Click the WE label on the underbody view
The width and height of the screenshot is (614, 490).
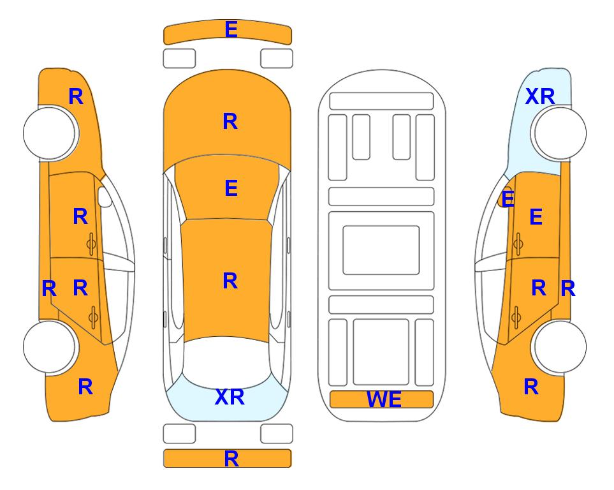(x=384, y=399)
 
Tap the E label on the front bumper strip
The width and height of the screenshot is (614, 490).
(x=231, y=29)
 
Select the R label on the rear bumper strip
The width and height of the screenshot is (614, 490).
(x=231, y=459)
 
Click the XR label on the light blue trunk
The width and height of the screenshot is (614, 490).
(x=230, y=397)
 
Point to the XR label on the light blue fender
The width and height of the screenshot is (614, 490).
(x=539, y=96)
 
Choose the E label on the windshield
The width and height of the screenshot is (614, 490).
(x=231, y=189)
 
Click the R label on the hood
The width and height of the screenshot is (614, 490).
(x=230, y=121)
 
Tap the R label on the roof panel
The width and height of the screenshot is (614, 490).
(x=230, y=281)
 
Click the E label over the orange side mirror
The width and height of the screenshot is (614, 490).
(x=508, y=199)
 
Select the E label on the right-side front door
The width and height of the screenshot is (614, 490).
(x=536, y=217)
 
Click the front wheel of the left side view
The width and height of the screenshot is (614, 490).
(x=50, y=133)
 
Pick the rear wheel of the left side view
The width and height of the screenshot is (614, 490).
(x=50, y=347)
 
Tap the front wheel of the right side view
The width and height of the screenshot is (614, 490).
(x=559, y=133)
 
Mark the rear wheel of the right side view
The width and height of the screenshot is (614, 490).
(x=559, y=347)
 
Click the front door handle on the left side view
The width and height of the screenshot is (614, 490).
(x=91, y=244)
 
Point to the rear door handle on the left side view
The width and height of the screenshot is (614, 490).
(x=93, y=316)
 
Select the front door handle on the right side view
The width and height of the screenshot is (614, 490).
(x=518, y=244)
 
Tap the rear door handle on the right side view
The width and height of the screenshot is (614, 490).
(x=516, y=316)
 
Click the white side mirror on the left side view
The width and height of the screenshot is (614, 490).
(x=104, y=197)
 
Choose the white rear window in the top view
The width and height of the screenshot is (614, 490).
(x=227, y=362)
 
